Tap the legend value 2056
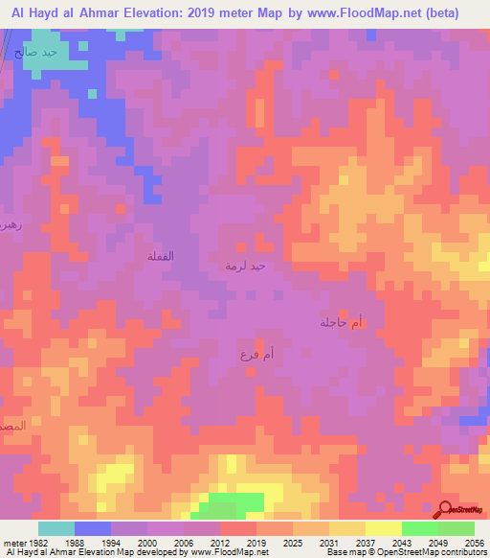pos(475,542)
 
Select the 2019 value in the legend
pos(256,542)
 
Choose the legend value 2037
pos(365,542)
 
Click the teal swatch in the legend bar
pos(56,528)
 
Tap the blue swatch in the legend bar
pos(93,528)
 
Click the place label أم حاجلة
pos(342,323)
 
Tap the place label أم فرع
pos(257,356)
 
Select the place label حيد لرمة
pos(244,265)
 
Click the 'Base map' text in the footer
pos(345,552)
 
